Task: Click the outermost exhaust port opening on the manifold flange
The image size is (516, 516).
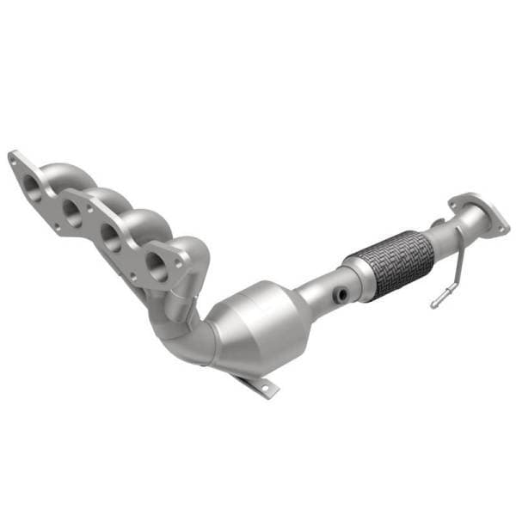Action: (x=32, y=182)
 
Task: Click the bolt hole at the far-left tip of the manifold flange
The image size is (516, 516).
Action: (x=13, y=158)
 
